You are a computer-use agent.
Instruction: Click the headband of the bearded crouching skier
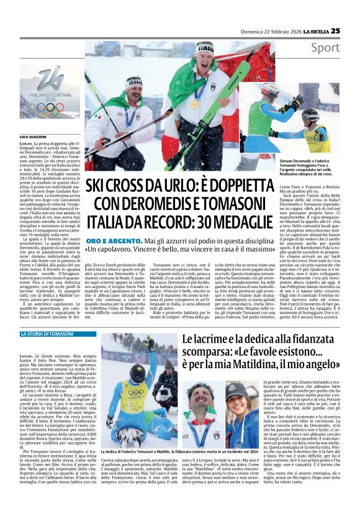(133, 81)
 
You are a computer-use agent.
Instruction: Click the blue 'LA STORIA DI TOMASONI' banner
(47, 334)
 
